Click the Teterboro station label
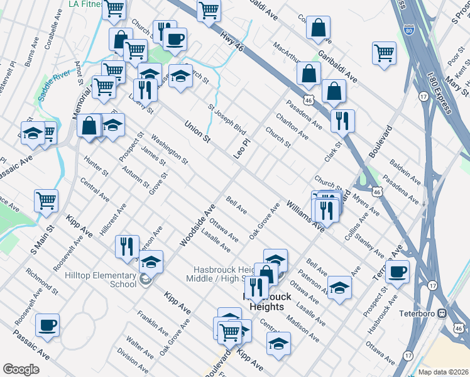coord(417,312)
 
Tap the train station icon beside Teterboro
coord(442,312)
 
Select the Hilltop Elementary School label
coord(101,280)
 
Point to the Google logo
coord(21,369)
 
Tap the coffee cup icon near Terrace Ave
coord(397,272)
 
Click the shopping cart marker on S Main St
coord(46,201)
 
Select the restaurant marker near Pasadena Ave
coord(342,121)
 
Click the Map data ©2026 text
coord(443,372)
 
